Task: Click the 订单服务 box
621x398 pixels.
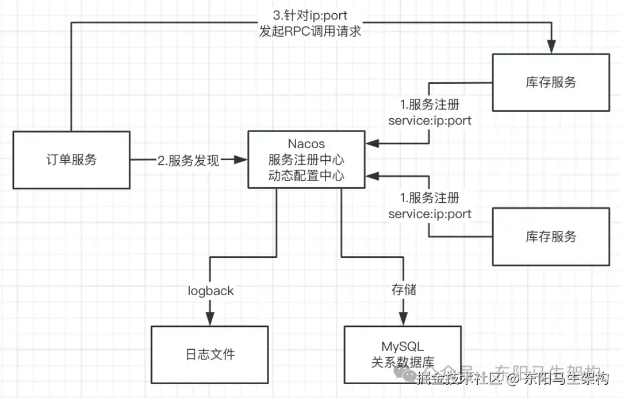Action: [71, 160]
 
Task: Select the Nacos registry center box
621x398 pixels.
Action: [306, 159]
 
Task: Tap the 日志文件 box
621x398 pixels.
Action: [209, 353]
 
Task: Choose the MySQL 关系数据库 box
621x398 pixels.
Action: [402, 354]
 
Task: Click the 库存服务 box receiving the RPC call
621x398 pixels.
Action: [551, 82]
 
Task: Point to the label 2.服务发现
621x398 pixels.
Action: [189, 161]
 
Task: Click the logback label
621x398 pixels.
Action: [210, 291]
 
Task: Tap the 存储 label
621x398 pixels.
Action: [400, 290]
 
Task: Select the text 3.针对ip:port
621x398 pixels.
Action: [310, 14]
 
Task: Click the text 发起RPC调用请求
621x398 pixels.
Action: [310, 31]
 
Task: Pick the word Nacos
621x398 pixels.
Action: [306, 143]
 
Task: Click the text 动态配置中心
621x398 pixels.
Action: [306, 175]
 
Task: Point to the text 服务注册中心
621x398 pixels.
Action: [306, 159]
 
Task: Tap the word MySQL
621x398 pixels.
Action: [402, 346]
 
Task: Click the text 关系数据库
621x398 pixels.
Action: [402, 362]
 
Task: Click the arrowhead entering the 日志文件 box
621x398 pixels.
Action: [210, 319]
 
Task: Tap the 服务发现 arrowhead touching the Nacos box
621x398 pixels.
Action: [241, 160]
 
